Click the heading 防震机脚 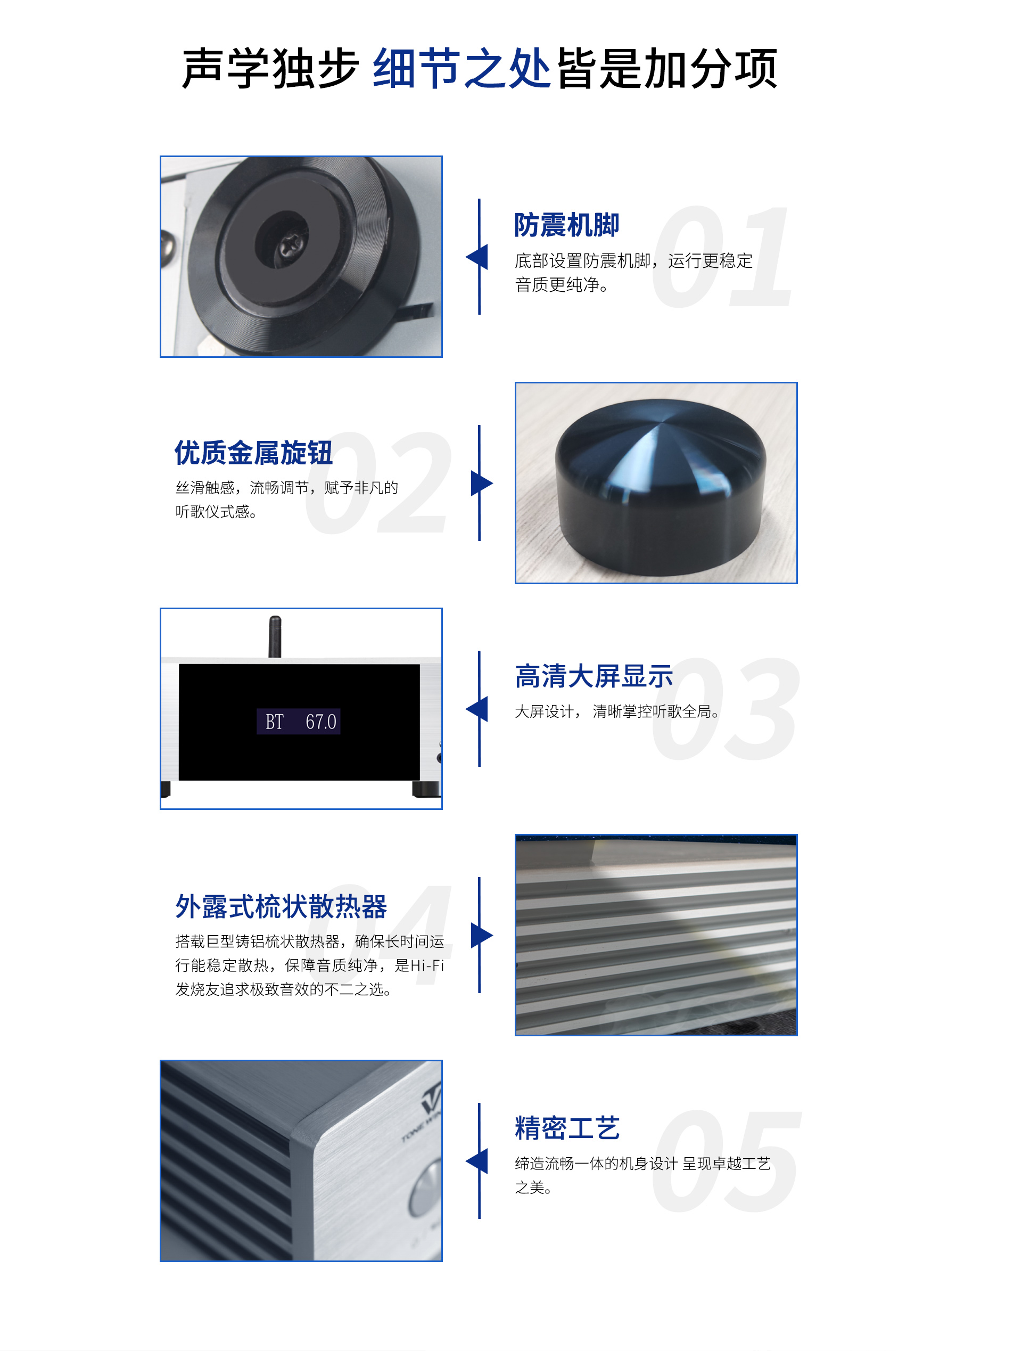pos(566,225)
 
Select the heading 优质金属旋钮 pos(253,453)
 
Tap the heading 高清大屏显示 pos(594,676)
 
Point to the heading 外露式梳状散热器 pos(281,906)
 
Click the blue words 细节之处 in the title pos(461,68)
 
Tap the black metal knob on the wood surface pos(660,487)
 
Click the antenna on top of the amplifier pos(275,636)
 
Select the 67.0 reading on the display pos(320,722)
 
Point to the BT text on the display pos(274,722)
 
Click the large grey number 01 pos(722,257)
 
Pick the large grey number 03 pos(726,709)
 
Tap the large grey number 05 pos(726,1161)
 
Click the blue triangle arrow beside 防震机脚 pos(477,257)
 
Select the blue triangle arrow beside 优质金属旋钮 pos(482,483)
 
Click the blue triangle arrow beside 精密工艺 pos(477,1161)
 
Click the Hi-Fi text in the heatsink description pos(427,965)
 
